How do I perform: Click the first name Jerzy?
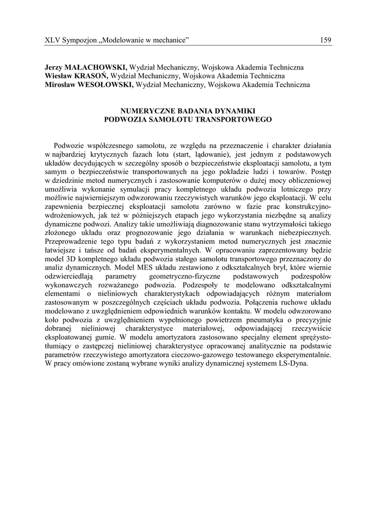(55, 68)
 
